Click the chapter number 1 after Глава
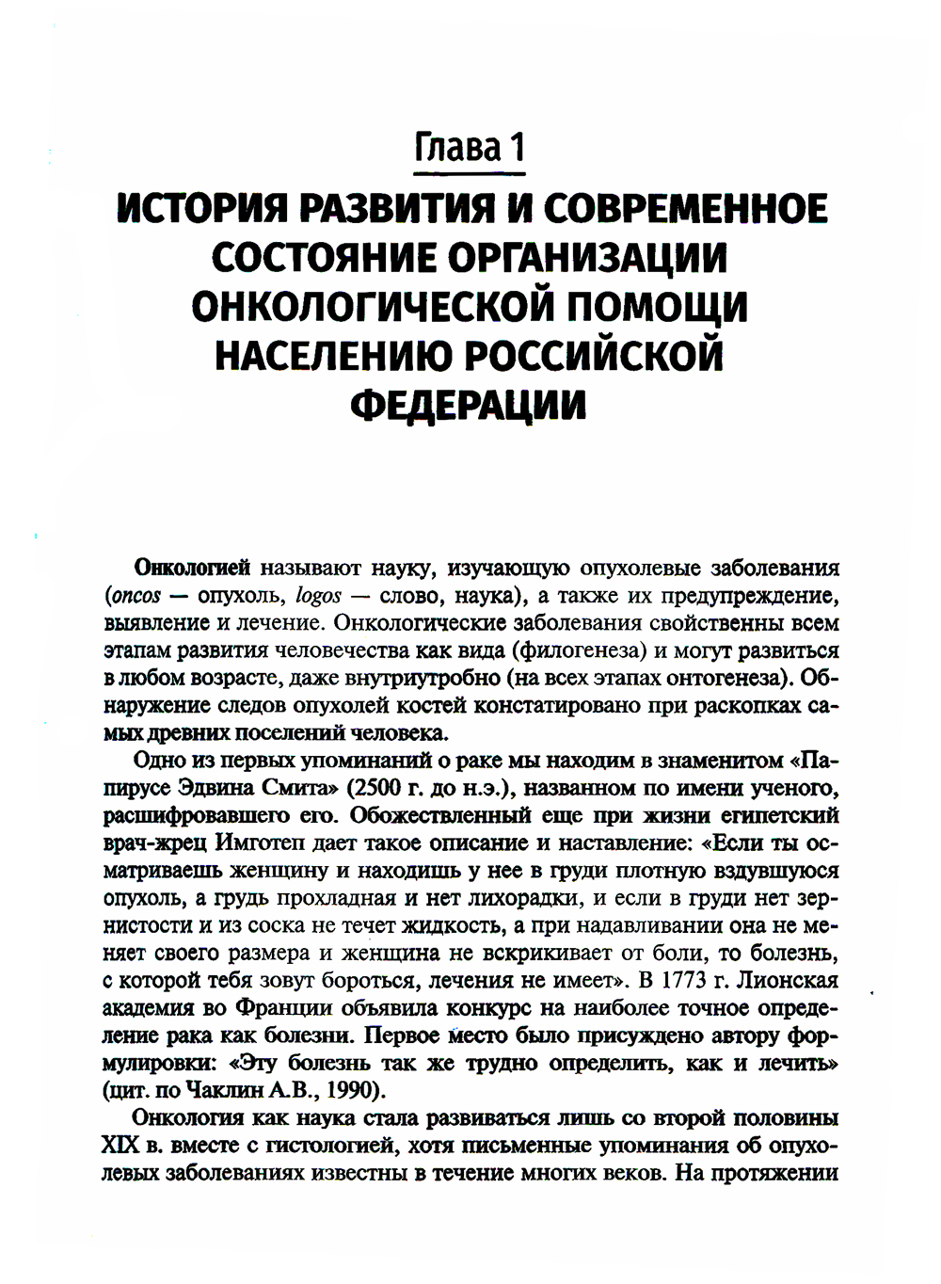coord(512,148)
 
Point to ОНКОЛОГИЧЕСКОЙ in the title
coord(367,308)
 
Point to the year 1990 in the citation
coord(344,1090)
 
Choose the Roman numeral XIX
coord(120,1148)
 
